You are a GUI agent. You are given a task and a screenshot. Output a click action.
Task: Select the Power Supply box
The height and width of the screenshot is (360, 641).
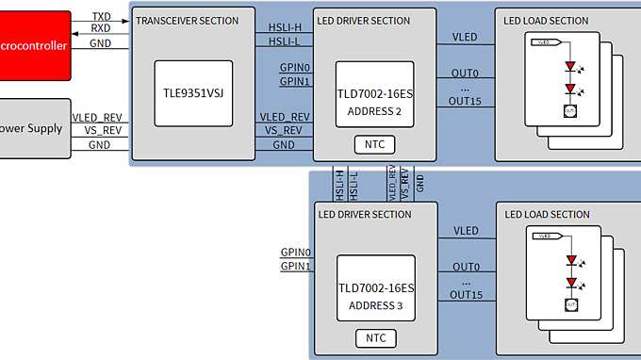(34, 128)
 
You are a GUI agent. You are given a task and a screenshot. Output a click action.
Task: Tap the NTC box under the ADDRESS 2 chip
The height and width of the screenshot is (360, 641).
(374, 144)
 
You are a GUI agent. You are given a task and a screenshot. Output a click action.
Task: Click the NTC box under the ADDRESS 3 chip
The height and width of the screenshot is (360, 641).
(374, 337)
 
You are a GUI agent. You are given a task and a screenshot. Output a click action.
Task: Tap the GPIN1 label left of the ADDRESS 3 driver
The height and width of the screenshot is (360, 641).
(295, 267)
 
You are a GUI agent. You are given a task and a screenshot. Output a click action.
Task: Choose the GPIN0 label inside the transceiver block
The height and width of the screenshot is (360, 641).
(295, 68)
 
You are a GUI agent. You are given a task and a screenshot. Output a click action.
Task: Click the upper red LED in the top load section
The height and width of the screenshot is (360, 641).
(569, 67)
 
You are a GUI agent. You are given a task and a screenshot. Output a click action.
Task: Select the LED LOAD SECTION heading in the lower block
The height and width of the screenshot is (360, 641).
(547, 214)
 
